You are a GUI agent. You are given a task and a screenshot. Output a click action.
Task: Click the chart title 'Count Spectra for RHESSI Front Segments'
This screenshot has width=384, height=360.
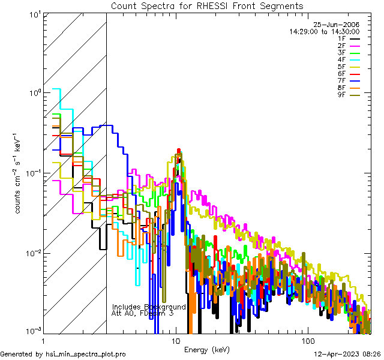206,5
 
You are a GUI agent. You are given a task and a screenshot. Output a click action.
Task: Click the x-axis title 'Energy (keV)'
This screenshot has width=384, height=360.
206,349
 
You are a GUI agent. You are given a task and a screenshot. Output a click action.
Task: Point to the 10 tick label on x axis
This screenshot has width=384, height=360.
176,340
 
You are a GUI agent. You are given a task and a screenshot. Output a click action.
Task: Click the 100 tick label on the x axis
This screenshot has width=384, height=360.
307,340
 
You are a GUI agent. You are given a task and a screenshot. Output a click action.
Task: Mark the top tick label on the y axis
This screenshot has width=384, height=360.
34,13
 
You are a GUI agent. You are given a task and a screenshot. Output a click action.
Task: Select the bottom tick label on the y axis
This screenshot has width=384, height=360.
34,331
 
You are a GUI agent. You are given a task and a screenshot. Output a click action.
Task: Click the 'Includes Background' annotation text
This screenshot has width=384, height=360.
149,307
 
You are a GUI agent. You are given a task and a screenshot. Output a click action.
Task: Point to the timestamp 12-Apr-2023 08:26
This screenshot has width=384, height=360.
346,354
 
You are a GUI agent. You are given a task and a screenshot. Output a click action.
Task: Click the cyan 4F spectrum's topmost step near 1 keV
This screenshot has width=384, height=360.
57,89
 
